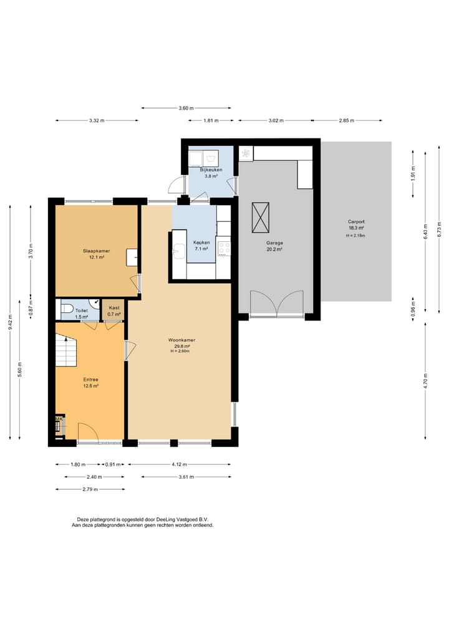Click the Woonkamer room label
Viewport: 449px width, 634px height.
tap(181, 340)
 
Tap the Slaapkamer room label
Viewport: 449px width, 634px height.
tap(96, 251)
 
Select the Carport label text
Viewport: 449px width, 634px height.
tap(356, 221)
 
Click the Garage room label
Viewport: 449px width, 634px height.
tap(274, 243)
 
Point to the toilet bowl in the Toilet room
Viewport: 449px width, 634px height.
tap(67, 309)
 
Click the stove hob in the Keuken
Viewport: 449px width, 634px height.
tap(224, 249)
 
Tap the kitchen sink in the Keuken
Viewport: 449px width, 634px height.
tap(178, 251)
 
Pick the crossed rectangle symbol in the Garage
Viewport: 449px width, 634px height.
tap(261, 218)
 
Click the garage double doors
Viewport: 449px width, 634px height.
tap(277, 303)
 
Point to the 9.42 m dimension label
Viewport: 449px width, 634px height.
tap(11, 322)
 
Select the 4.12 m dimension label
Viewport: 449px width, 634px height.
tap(179, 464)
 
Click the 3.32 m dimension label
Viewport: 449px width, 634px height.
tap(97, 120)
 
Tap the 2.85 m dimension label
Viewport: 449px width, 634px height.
tap(347, 120)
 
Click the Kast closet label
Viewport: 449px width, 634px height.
tap(114, 308)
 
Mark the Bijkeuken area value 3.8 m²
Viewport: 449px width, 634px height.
tap(211, 176)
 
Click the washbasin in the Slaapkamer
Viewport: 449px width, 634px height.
tap(132, 257)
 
